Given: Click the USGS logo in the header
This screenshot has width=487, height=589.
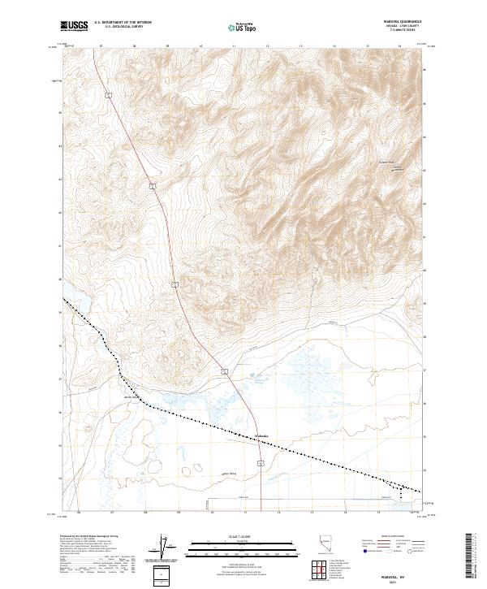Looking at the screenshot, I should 74,26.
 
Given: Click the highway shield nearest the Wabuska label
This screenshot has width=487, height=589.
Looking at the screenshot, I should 260,461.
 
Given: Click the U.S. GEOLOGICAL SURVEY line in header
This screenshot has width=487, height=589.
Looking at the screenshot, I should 123,28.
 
